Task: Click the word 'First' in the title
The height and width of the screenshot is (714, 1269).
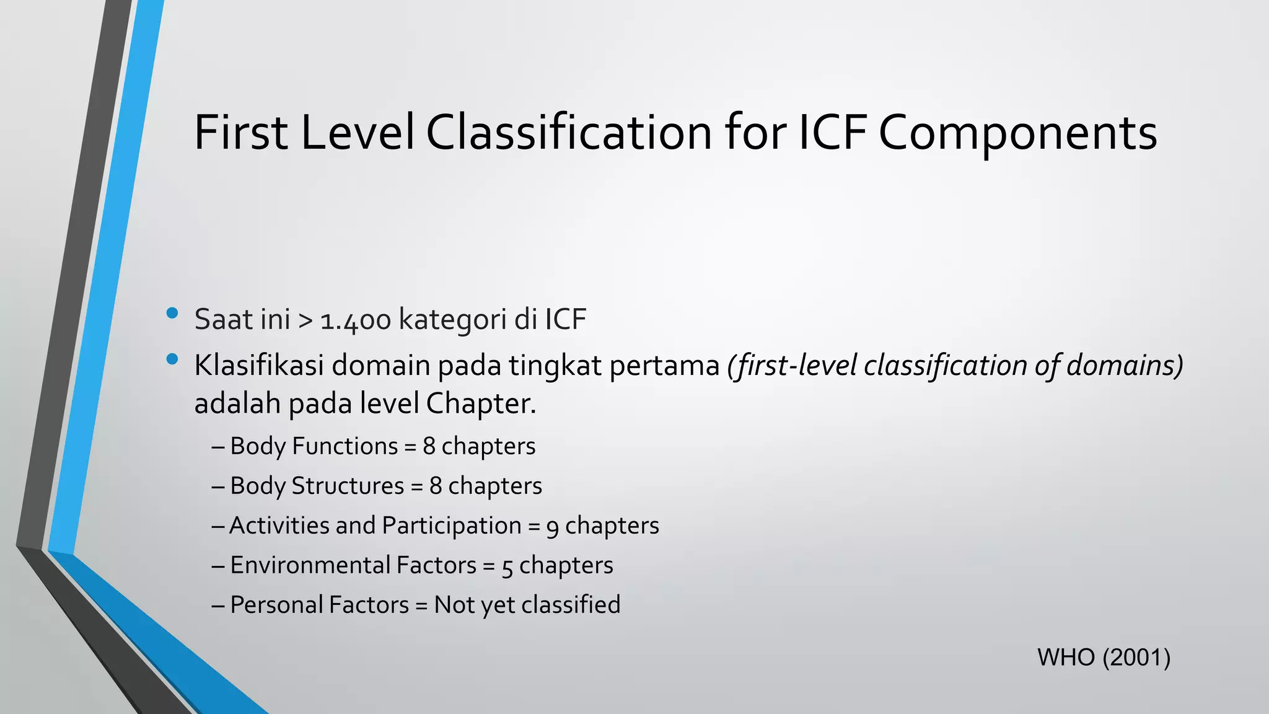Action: click(x=241, y=133)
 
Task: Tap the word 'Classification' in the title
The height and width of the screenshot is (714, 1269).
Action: click(x=569, y=133)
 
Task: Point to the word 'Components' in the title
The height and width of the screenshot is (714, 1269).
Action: click(x=1017, y=134)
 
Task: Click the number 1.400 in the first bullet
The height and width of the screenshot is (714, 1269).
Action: click(x=356, y=320)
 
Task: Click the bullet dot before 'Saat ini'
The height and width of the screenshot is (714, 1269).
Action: click(x=173, y=313)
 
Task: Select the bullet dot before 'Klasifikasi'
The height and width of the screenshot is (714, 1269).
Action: click(x=173, y=359)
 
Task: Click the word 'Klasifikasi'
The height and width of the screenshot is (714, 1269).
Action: click(x=259, y=366)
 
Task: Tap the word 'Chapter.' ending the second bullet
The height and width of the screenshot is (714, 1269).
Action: click(x=481, y=404)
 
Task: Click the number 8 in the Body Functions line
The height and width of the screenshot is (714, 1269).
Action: click(x=429, y=446)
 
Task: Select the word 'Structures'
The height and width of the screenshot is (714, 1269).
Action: click(x=348, y=486)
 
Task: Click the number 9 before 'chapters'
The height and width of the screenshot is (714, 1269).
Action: click(x=553, y=527)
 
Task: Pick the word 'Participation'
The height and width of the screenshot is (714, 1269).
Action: click(x=452, y=526)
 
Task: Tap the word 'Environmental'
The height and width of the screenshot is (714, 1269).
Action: click(x=310, y=565)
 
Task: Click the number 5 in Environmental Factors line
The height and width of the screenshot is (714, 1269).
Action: click(x=507, y=566)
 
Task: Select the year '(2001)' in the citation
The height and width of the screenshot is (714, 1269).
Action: click(x=1136, y=658)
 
